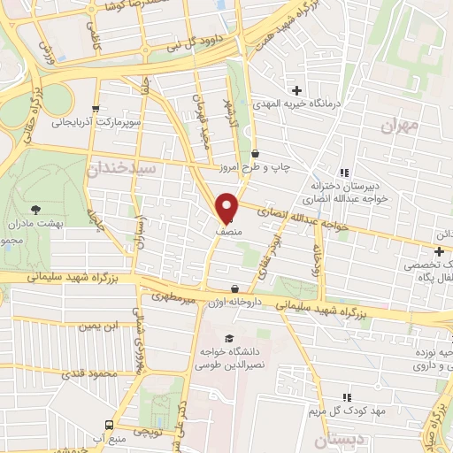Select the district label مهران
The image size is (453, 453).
coord(399,126)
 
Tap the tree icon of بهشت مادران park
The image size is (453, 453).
coord(35,210)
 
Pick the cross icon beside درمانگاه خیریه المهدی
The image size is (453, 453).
coord(296,90)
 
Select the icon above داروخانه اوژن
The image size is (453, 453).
coord(234,288)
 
